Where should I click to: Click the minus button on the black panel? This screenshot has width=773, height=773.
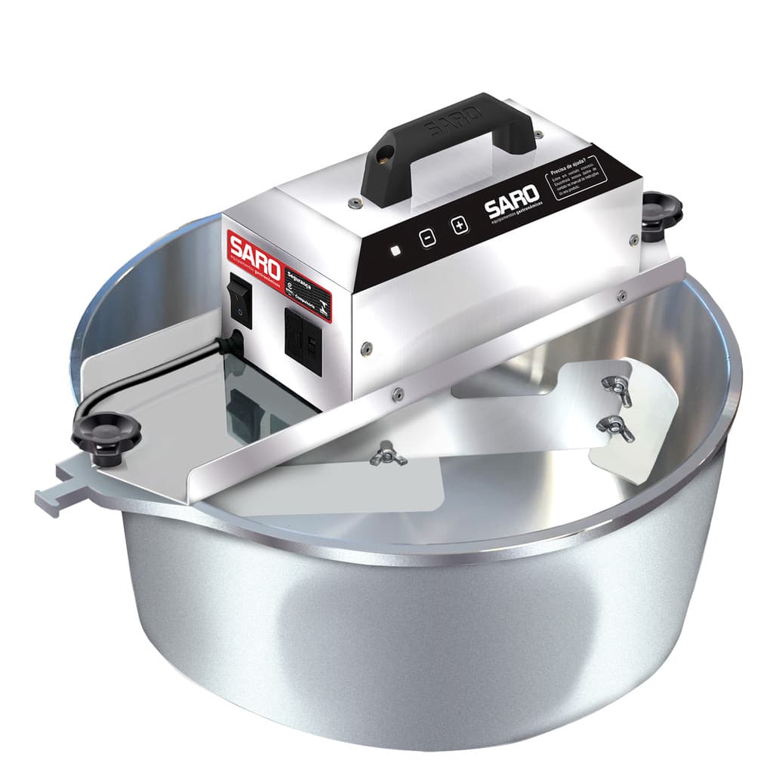[x=428, y=237]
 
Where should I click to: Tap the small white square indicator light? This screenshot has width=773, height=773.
[x=396, y=251]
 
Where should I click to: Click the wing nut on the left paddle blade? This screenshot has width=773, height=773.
[x=388, y=454]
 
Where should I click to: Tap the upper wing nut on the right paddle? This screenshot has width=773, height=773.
[x=617, y=387]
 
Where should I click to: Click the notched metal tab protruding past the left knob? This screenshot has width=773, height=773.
[x=57, y=494]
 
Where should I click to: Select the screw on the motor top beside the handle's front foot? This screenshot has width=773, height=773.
[x=353, y=202]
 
